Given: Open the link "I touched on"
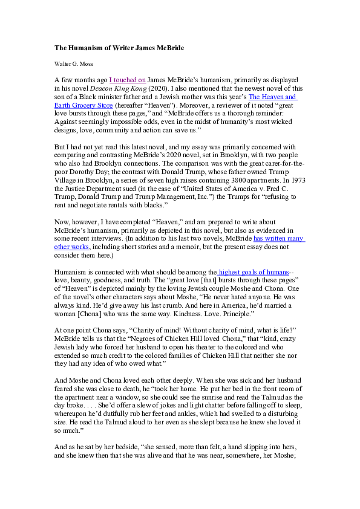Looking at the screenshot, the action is (127, 79).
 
